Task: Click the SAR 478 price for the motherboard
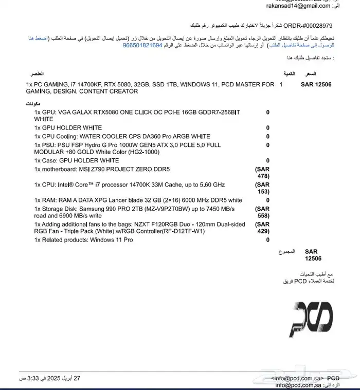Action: tap(262, 173)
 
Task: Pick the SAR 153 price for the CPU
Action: tap(262, 188)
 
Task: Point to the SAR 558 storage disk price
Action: tap(262, 212)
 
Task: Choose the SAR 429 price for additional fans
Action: tap(262, 228)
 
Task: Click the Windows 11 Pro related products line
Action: tap(83, 239)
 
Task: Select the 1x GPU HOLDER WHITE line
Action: tap(68, 128)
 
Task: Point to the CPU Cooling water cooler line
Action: tap(122, 136)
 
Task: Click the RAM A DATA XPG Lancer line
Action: tap(138, 200)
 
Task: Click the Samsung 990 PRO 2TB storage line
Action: tap(134, 212)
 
